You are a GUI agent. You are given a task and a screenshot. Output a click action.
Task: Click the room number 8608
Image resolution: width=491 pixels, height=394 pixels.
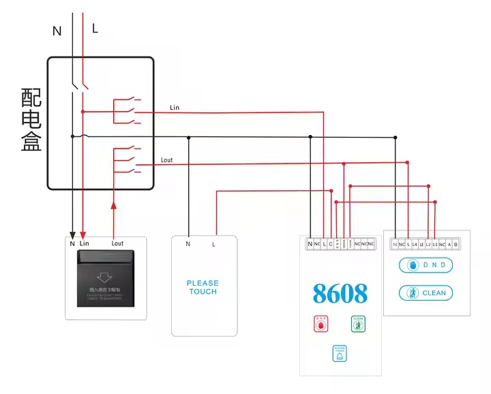pyautogui.click(x=340, y=293)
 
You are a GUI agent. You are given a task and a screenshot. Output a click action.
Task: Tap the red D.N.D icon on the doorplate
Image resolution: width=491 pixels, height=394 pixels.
pyautogui.click(x=320, y=323)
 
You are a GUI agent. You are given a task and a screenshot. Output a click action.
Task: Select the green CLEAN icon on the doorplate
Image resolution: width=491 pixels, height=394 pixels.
pyautogui.click(x=358, y=323)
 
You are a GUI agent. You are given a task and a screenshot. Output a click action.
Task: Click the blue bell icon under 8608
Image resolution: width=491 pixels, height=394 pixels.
pyautogui.click(x=339, y=353)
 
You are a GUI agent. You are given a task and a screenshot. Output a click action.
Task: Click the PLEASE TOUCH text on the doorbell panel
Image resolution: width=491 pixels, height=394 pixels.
pyautogui.click(x=203, y=287)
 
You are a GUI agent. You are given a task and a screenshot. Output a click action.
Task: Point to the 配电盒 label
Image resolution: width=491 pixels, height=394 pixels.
pyautogui.click(x=31, y=120)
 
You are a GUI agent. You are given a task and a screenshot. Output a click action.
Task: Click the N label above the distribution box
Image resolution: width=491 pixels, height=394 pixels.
pyautogui.click(x=57, y=30)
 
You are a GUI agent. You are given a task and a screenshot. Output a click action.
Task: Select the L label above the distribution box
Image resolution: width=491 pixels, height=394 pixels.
pyautogui.click(x=95, y=29)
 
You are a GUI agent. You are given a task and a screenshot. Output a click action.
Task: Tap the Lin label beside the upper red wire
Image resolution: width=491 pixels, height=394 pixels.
pyautogui.click(x=175, y=108)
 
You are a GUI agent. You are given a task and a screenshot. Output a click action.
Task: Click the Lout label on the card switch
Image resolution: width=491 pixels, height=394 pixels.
pyautogui.click(x=117, y=243)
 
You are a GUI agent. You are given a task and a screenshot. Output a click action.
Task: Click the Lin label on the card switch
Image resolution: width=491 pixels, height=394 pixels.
pyautogui.click(x=84, y=243)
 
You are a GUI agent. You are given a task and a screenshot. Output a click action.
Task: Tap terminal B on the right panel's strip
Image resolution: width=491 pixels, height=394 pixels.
pyautogui.click(x=456, y=244)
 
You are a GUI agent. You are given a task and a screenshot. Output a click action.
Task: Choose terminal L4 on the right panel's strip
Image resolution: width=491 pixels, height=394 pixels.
pyautogui.click(x=415, y=244)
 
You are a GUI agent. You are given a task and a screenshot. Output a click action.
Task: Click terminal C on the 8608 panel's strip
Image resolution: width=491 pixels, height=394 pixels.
pyautogui.click(x=330, y=243)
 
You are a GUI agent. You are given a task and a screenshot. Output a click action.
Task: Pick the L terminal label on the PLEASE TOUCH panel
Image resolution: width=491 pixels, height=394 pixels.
pyautogui.click(x=214, y=243)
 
